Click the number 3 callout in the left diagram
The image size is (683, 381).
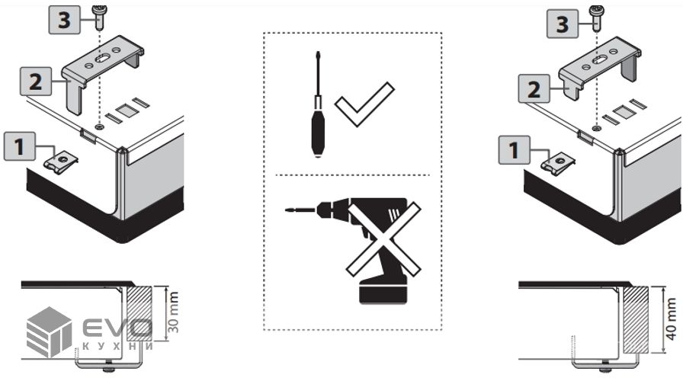click(64, 21)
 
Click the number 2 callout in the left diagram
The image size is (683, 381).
click(36, 82)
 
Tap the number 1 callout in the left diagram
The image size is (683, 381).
click(20, 146)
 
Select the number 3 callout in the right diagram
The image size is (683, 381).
click(563, 24)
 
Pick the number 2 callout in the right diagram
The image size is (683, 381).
click(534, 88)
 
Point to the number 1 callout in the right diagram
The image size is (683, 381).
click(514, 150)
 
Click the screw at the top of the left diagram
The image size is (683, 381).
click(100, 17)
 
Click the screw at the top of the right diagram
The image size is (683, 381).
click(595, 18)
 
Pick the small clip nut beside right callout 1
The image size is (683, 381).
click(558, 163)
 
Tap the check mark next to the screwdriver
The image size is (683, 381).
click(364, 104)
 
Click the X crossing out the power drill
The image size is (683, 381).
click(383, 239)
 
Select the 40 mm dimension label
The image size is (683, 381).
click(672, 319)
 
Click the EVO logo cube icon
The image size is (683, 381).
click(50, 331)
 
